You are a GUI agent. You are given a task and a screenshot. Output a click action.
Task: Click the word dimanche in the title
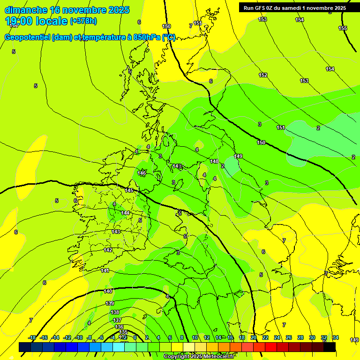tap(26, 10)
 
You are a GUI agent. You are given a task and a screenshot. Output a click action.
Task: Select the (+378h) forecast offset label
tap(83, 21)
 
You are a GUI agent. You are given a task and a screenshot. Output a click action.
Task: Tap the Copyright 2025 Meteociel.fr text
tap(199, 357)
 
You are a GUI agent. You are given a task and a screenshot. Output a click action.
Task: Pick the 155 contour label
tap(343, 28)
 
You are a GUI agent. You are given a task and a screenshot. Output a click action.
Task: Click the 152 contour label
tap(263, 75)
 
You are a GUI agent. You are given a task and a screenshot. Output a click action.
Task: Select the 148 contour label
tap(214, 161)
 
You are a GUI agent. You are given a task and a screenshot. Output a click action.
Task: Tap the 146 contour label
tap(142, 173)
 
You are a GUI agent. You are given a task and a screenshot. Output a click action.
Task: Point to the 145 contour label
tap(129, 191)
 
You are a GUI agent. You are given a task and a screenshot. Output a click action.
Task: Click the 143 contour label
tap(116, 232)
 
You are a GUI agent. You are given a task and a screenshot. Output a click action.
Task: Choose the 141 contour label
tap(105, 270)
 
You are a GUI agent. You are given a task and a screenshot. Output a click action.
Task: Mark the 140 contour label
tap(108, 291)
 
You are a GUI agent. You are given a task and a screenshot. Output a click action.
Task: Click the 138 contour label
tap(115, 312)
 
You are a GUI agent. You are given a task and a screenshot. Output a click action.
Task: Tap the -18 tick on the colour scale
tap(32, 338)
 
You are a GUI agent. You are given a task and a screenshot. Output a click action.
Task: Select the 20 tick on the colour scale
tap(254, 338)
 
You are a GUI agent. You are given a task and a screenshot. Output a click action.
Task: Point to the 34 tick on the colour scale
tap(335, 338)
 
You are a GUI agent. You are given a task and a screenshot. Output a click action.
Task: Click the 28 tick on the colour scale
tap(300, 338)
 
